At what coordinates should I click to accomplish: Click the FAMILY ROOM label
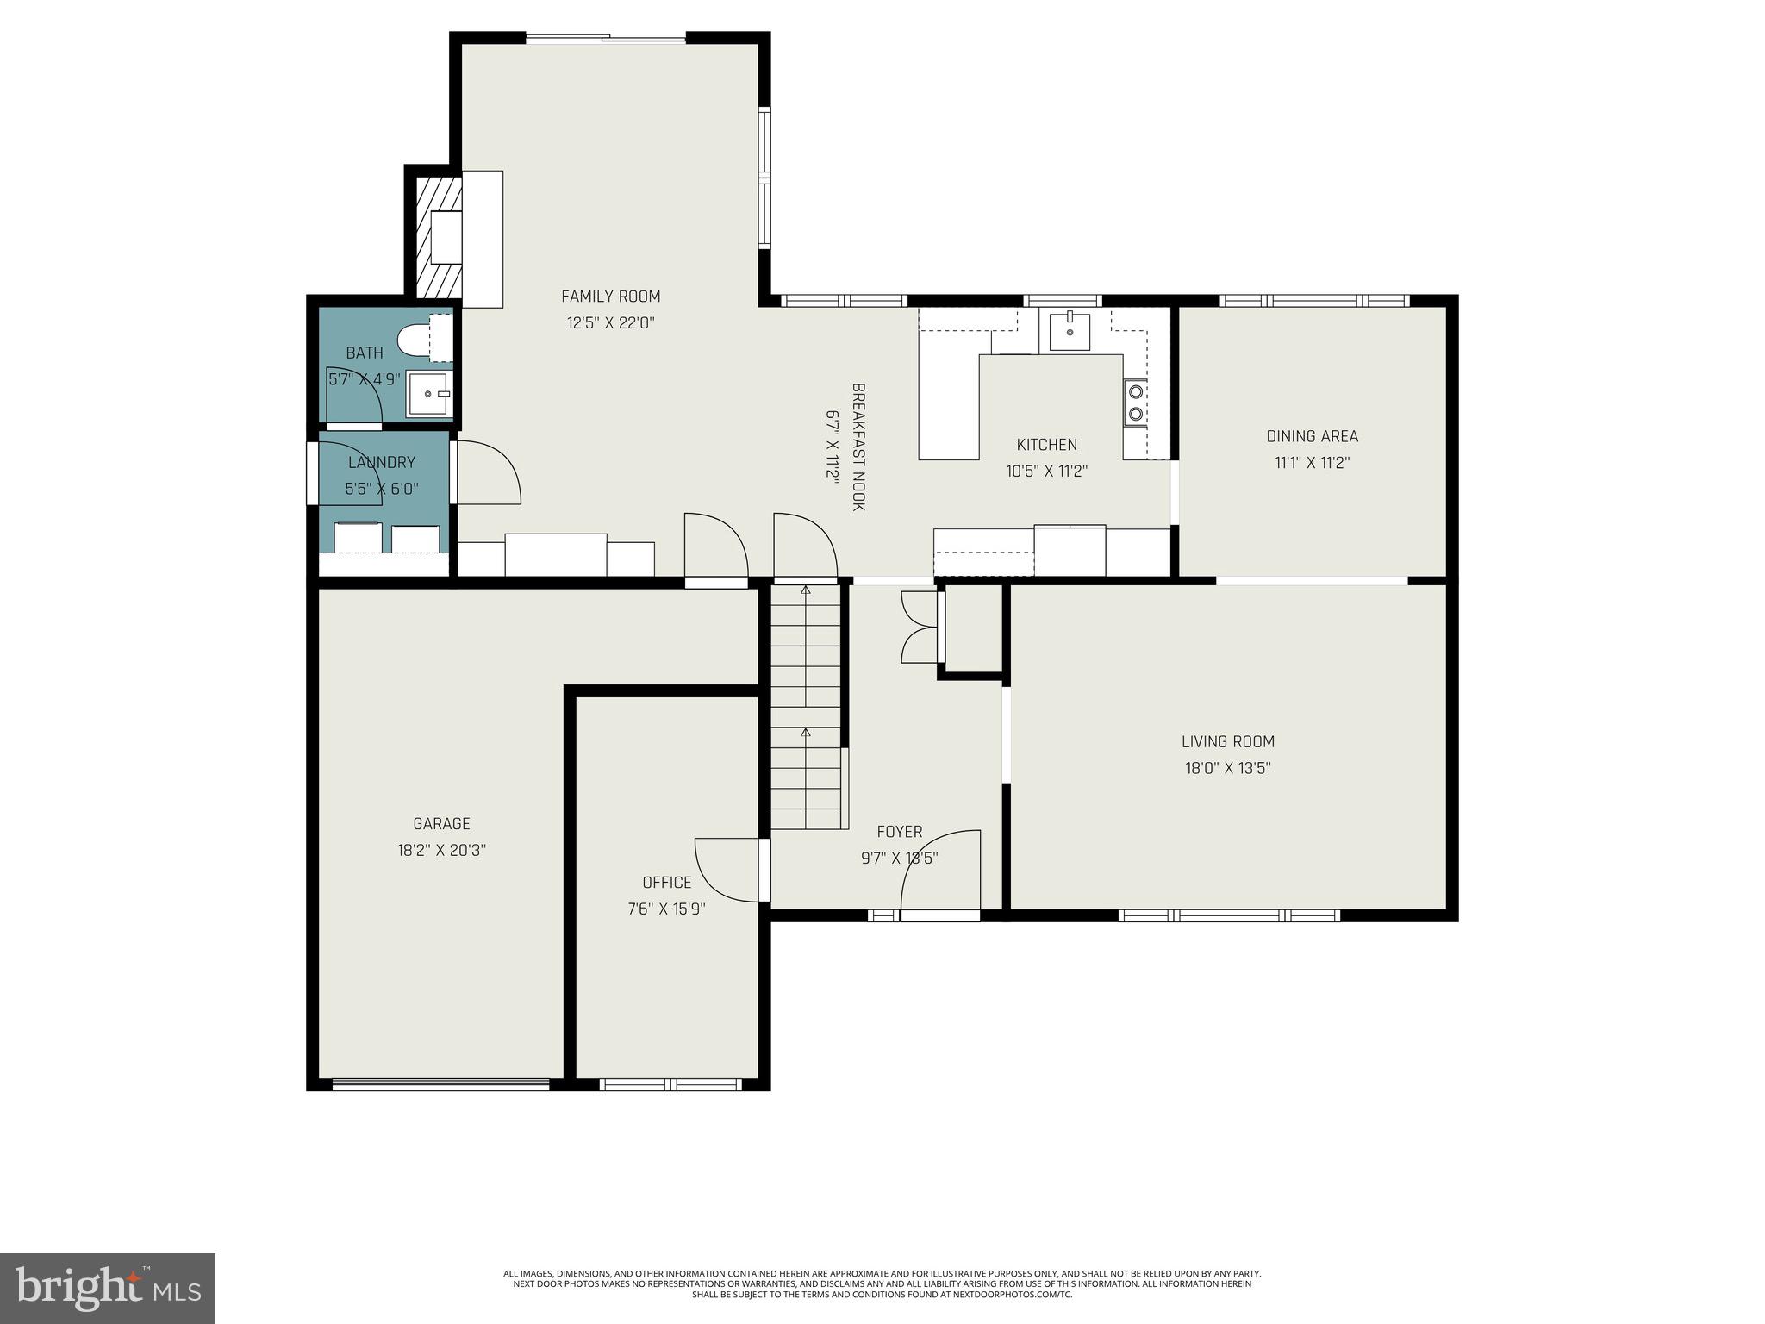610,297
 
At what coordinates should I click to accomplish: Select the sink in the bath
429,394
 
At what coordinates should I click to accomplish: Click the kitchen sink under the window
1070,332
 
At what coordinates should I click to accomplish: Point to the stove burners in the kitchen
1135,403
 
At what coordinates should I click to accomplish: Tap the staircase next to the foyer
805,707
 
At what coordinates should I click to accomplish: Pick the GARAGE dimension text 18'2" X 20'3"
441,850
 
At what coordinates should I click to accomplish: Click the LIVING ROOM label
1227,741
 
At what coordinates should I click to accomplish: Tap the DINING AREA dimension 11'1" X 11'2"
1312,463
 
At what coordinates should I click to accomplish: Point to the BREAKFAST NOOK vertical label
858,447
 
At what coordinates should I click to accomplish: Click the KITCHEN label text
1046,445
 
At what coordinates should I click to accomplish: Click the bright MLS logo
108,1288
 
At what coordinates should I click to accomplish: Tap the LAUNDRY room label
381,463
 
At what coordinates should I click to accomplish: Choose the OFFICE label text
666,883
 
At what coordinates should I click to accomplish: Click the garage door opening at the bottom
440,1085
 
